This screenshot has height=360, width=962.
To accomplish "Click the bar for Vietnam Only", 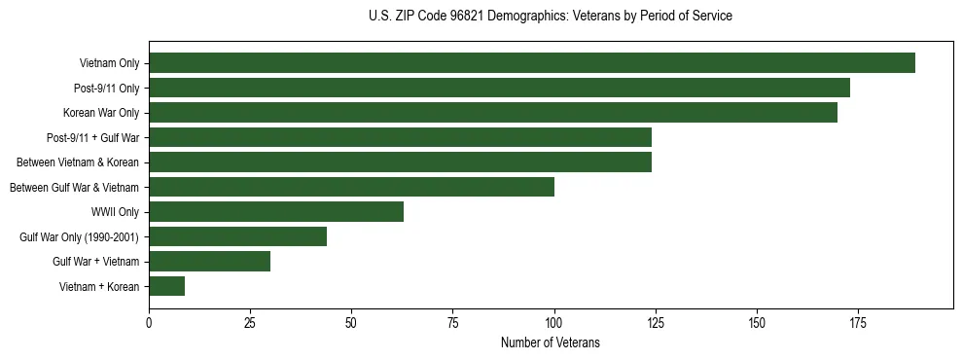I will click(x=532, y=63).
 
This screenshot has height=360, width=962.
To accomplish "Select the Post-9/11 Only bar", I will click(x=499, y=88).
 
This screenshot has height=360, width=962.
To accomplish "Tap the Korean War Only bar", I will click(x=493, y=113).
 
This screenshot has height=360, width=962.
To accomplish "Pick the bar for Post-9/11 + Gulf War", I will click(x=400, y=137).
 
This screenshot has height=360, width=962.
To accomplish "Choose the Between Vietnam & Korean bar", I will click(x=400, y=162).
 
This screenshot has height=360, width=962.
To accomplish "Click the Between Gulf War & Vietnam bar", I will click(x=351, y=187).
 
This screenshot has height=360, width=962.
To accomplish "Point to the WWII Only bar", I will click(x=276, y=212).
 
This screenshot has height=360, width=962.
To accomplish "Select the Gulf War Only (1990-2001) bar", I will click(x=237, y=236).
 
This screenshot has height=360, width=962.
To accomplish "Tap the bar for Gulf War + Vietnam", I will click(x=209, y=261).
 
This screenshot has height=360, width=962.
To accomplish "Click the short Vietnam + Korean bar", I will click(x=166, y=286).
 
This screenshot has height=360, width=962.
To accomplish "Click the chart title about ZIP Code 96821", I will click(x=551, y=17).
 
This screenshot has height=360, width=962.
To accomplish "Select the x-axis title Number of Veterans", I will click(x=551, y=343).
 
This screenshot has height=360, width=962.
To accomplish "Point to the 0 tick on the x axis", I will click(x=149, y=323).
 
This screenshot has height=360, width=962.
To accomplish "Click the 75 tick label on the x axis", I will click(x=452, y=323).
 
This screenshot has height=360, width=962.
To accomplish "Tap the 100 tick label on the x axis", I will click(x=554, y=323).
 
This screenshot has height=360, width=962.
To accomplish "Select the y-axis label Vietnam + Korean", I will click(x=99, y=286).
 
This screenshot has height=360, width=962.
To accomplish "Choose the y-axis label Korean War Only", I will click(x=101, y=113).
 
